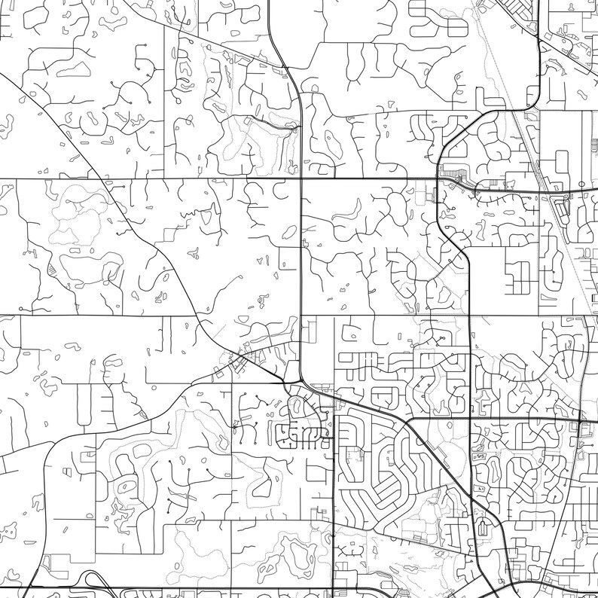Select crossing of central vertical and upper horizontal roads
click(x=301, y=180)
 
